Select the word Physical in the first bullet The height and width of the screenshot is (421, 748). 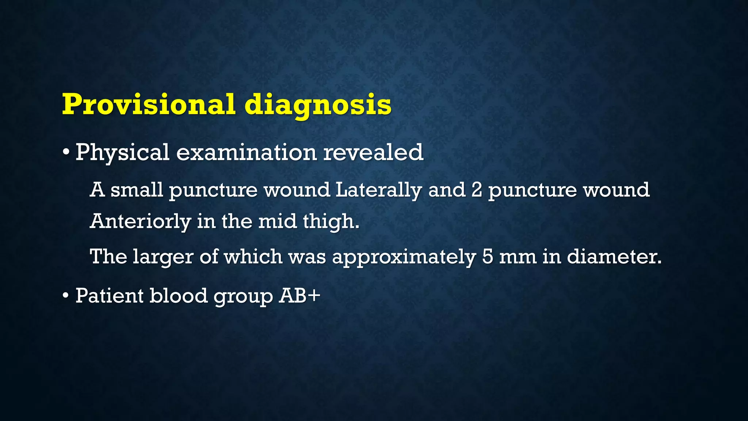click(122, 153)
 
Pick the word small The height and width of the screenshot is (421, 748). click(137, 190)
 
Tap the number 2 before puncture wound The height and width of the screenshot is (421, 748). click(477, 190)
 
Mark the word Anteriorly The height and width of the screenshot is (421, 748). click(141, 221)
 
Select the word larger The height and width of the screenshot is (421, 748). click(163, 257)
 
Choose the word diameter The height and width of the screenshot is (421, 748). click(614, 257)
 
